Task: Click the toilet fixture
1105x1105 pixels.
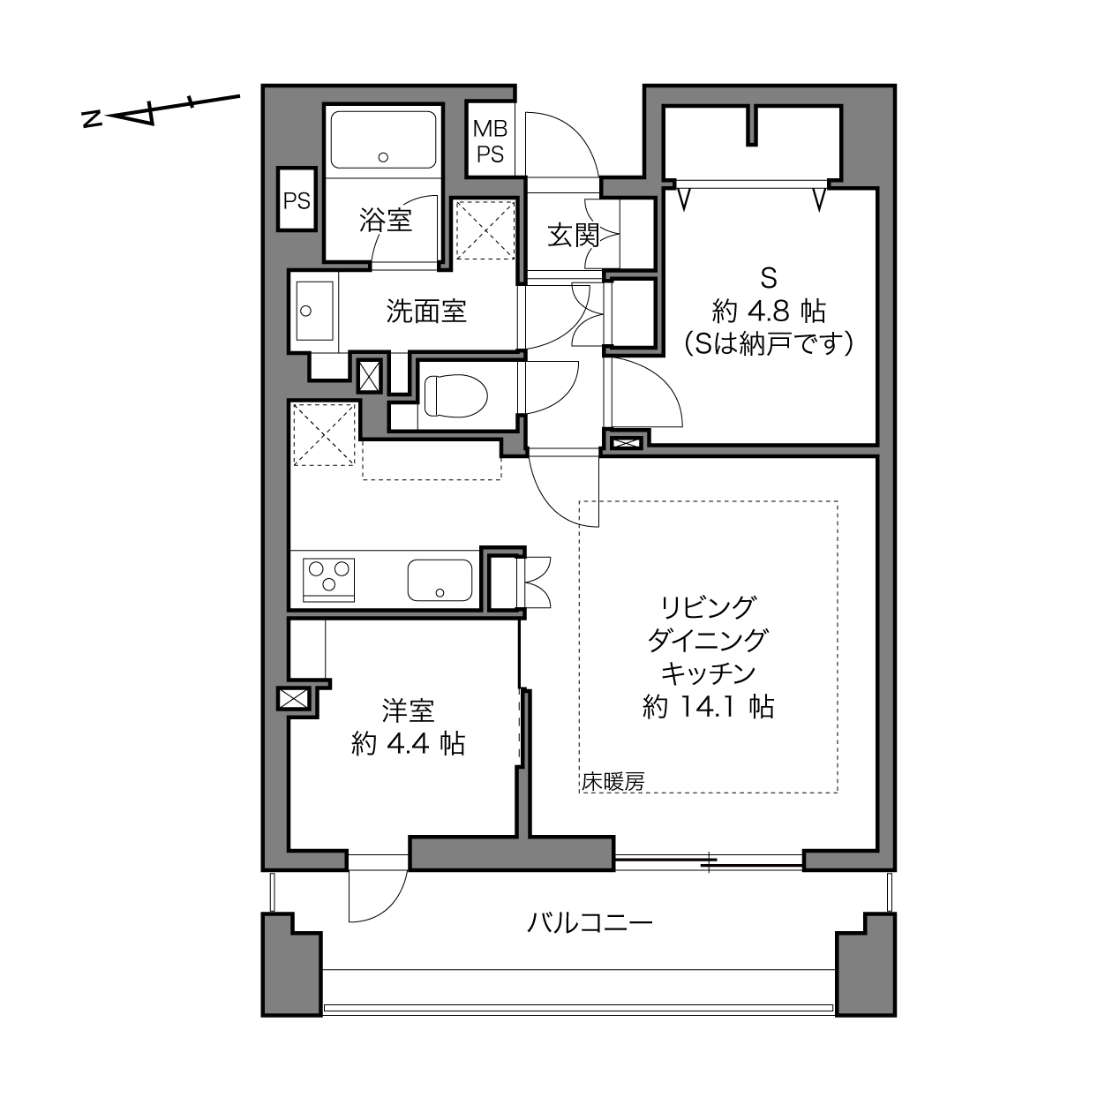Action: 455,395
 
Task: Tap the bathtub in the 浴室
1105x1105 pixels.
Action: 383,139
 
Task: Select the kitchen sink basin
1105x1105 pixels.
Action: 440,581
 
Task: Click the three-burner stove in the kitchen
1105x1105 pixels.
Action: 328,580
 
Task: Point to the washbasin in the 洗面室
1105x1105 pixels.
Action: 314,311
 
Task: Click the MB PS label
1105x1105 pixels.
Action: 491,141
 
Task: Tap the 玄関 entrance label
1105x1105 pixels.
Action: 574,235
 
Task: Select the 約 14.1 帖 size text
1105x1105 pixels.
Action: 708,707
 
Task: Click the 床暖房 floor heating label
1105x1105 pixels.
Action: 613,782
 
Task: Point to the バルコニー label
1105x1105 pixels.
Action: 590,923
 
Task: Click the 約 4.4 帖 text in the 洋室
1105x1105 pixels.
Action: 408,744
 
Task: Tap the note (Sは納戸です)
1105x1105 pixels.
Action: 769,343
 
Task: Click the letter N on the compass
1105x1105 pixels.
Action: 92,119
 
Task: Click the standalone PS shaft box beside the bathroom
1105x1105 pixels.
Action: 297,199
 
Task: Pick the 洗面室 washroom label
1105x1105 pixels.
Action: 426,311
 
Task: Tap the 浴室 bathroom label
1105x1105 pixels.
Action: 386,220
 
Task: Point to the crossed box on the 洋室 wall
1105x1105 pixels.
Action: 293,699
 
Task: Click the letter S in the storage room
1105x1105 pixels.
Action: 769,279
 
